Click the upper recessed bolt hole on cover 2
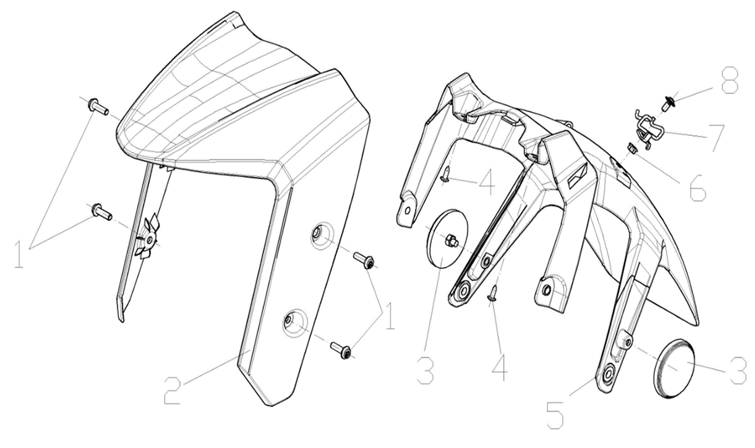[x=317, y=234]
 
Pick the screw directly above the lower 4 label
[x=493, y=292]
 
